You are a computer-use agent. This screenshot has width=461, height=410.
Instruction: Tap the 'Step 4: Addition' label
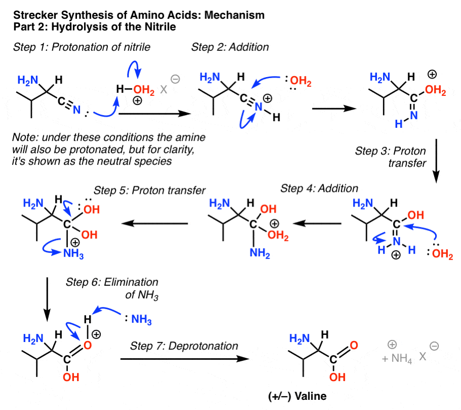click(320, 188)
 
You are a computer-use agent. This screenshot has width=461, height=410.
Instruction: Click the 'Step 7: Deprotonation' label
click(184, 346)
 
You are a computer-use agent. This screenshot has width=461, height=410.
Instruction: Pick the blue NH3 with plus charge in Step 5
click(72, 254)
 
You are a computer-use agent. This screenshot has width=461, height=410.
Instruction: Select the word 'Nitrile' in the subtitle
click(157, 27)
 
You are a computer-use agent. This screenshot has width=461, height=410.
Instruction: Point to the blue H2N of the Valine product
click(297, 338)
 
